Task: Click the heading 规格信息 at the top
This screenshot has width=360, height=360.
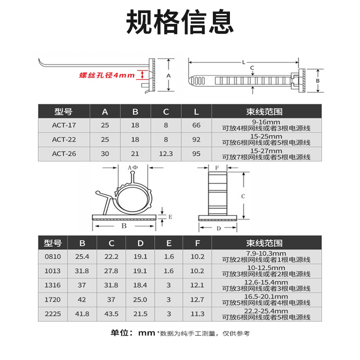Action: tap(180, 22)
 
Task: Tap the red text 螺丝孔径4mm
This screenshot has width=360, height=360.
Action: tap(107, 76)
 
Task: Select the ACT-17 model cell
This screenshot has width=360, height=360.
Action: tap(63, 125)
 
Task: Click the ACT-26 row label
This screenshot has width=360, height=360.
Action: tap(63, 153)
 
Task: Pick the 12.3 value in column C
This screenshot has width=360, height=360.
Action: tap(166, 153)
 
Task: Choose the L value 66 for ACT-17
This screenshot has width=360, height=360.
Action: tap(196, 125)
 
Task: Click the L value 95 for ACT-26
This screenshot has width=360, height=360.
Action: tap(196, 153)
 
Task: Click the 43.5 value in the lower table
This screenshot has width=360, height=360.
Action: tap(112, 314)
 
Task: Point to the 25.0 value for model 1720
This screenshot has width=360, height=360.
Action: tap(141, 299)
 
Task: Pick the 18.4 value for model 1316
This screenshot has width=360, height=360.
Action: tap(141, 285)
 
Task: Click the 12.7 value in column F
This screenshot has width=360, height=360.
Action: tap(198, 299)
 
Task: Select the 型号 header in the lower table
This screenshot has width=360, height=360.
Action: tap(53, 243)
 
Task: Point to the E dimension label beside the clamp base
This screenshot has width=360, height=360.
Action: tap(171, 216)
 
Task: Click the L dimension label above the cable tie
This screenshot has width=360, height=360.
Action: tap(243, 62)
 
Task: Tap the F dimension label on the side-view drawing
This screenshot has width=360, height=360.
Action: tap(217, 168)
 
